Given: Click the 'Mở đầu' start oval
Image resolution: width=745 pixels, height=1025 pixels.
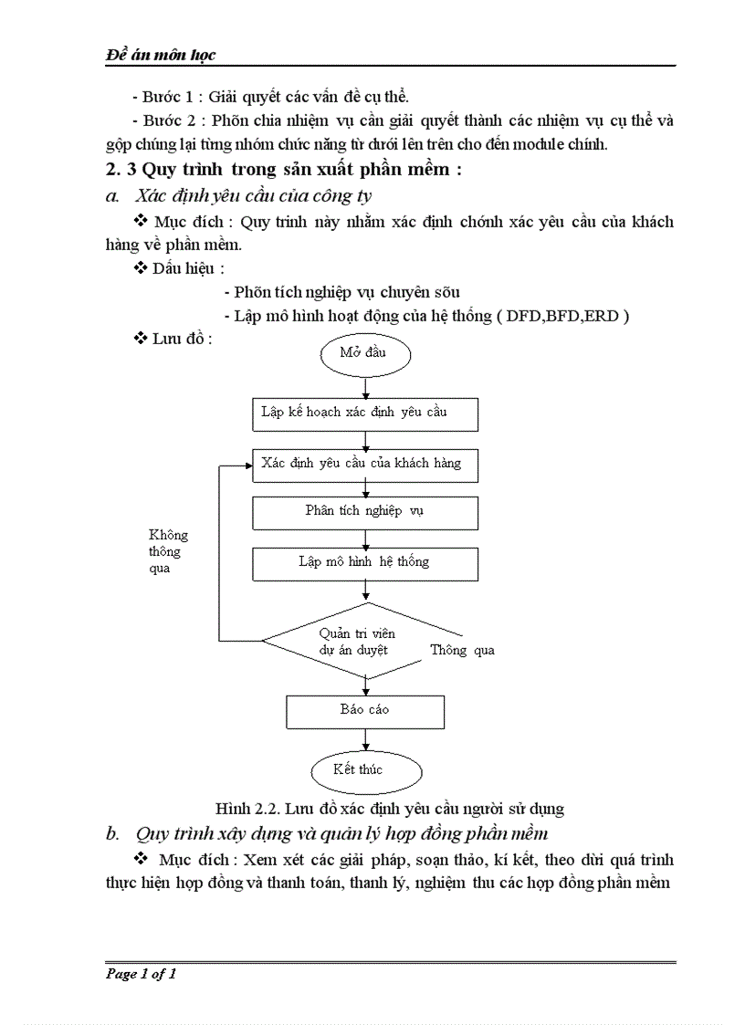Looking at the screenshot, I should coord(365,354).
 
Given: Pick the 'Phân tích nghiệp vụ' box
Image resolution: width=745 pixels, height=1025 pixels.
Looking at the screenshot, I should coord(364,511).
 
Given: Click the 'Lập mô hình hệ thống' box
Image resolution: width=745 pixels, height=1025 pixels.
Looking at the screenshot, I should coord(364,562).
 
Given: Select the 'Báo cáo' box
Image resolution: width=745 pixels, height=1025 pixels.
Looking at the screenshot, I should coord(364,710).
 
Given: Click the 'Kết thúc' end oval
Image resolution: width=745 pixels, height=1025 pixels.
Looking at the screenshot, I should coord(358,769).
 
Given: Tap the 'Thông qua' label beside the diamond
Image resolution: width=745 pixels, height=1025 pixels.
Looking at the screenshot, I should coord(462,651).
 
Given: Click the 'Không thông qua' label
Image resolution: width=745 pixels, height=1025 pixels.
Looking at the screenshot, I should coord(169,551).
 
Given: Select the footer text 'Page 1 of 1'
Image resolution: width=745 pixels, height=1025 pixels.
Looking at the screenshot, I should coord(142,974).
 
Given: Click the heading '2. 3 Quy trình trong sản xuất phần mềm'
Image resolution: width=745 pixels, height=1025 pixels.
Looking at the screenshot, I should coord(284,171).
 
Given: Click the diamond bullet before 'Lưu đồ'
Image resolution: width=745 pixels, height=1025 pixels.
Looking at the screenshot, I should coord(141,339).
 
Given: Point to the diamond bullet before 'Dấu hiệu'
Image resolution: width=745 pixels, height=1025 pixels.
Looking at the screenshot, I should coord(141,268).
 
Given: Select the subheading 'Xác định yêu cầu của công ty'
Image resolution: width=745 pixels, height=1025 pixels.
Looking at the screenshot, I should coord(253,195).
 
